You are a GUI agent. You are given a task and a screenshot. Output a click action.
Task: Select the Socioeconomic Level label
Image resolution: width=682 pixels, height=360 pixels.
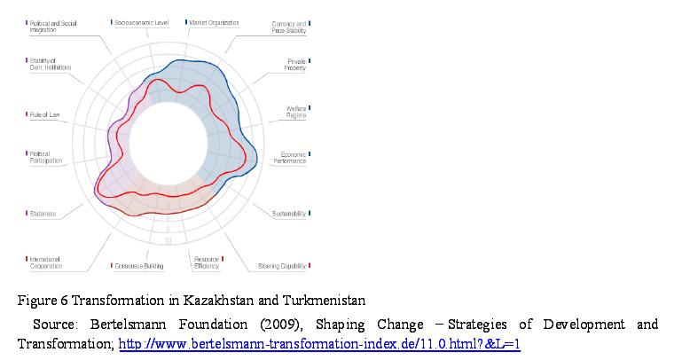click(x=142, y=22)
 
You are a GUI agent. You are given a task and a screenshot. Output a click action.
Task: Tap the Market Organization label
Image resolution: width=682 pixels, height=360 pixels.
click(x=216, y=22)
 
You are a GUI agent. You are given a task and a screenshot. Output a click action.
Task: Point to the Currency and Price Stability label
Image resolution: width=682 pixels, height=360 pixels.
click(x=289, y=27)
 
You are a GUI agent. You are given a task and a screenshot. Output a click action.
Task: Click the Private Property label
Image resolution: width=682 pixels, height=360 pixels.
click(x=295, y=65)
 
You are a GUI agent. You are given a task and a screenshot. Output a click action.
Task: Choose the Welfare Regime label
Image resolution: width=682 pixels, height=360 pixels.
click(x=296, y=112)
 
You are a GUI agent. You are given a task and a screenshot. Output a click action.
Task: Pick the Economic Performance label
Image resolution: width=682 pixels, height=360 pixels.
click(x=288, y=158)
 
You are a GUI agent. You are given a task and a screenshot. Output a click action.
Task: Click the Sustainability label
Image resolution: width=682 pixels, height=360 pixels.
click(x=288, y=214)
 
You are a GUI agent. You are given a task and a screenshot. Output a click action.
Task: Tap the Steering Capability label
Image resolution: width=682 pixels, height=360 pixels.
click(x=282, y=266)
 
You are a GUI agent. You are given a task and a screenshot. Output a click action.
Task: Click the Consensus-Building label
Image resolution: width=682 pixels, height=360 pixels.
click(x=140, y=266)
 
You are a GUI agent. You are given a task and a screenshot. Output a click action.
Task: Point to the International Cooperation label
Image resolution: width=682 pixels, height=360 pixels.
click(x=46, y=262)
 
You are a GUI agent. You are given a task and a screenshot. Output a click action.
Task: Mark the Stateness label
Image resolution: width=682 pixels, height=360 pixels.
click(x=43, y=214)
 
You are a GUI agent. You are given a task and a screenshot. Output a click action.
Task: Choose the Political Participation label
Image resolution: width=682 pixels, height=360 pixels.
click(x=46, y=158)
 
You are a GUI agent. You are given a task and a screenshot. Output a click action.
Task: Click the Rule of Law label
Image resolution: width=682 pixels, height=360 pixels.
click(x=43, y=114)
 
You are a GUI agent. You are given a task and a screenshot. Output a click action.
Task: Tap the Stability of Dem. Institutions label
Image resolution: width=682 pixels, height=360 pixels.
click(x=51, y=64)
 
